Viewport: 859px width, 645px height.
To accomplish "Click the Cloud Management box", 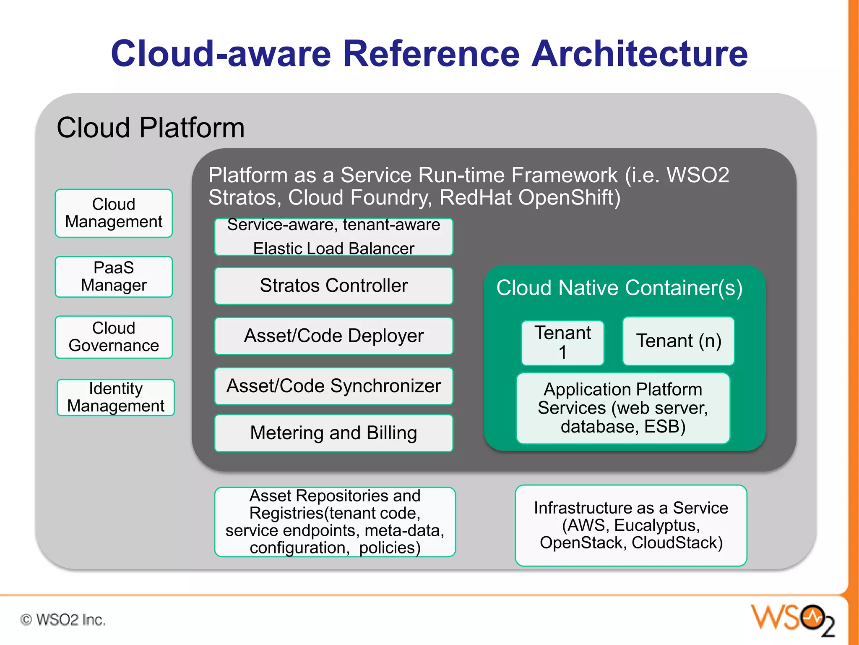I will point(114,213).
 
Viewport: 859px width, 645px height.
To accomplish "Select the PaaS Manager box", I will point(114,277).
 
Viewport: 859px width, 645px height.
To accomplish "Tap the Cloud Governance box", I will point(114,337).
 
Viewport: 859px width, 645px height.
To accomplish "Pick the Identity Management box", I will point(115,397).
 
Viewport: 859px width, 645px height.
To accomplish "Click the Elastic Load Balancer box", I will point(333,237).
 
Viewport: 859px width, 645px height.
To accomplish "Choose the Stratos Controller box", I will point(333,286).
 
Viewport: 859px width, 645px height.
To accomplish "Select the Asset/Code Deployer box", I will point(333,336).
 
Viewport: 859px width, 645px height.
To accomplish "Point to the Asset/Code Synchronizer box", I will point(333,386).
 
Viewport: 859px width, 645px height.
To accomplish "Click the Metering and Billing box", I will point(333,433).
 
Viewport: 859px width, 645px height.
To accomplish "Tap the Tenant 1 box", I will point(562,343).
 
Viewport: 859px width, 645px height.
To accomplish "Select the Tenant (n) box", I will point(678,341).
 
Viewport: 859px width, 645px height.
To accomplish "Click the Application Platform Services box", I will point(623,408).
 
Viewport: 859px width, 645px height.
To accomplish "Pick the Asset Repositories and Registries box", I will point(335,522).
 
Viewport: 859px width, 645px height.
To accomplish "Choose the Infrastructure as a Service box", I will point(631,525).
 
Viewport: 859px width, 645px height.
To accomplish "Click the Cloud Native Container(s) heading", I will point(619,288).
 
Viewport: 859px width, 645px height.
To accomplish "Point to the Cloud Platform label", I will point(150,128).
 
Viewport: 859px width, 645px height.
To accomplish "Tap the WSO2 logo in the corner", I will point(792,619).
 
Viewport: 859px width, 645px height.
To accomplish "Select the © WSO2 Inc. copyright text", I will point(63,620).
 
